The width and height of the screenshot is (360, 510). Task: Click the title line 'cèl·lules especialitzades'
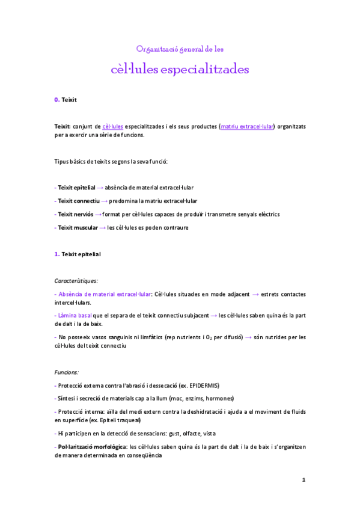pos(180,69)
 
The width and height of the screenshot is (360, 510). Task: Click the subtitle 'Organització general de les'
pos(180,48)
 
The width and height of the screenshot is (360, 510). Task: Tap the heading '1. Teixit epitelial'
pos(78,254)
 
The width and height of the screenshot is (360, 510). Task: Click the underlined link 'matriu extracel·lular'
pos(247,126)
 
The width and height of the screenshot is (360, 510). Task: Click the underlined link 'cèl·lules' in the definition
pos(113,126)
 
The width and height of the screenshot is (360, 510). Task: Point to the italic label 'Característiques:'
pos(76,280)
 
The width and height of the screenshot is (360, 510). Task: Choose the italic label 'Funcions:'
pos(67,372)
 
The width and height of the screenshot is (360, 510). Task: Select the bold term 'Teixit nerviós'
pos(75,214)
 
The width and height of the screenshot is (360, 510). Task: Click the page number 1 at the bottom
pos(304,480)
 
